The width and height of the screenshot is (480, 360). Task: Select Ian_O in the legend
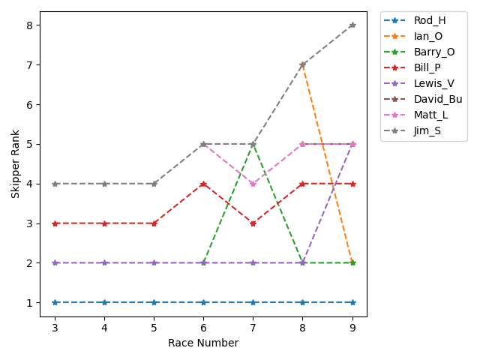coord(428,36)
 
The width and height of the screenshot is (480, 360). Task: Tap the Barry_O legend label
coord(433,52)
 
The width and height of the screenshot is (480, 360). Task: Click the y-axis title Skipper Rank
coord(15,163)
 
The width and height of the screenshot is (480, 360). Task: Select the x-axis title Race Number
coord(204,343)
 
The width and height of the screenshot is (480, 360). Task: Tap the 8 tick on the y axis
coord(30,25)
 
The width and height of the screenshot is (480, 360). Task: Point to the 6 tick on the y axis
coord(30,105)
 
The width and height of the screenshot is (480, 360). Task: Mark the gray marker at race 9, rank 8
coord(352,25)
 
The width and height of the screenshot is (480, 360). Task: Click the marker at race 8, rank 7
coord(303,65)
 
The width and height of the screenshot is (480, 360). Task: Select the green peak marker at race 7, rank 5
coord(253,144)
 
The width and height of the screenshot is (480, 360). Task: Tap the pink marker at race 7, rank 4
coord(253,184)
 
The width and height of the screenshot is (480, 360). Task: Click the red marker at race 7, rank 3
coord(253,223)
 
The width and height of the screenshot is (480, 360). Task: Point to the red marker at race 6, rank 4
coord(204,184)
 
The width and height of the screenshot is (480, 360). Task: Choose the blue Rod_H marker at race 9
coord(352,302)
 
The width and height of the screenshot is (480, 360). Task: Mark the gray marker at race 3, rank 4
coord(55,184)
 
